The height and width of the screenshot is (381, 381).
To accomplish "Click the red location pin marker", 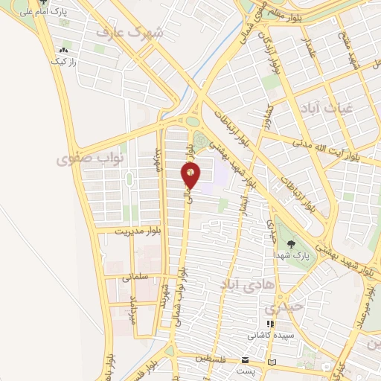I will click(x=190, y=176).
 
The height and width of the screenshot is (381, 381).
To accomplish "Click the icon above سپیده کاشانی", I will click(x=270, y=324).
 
